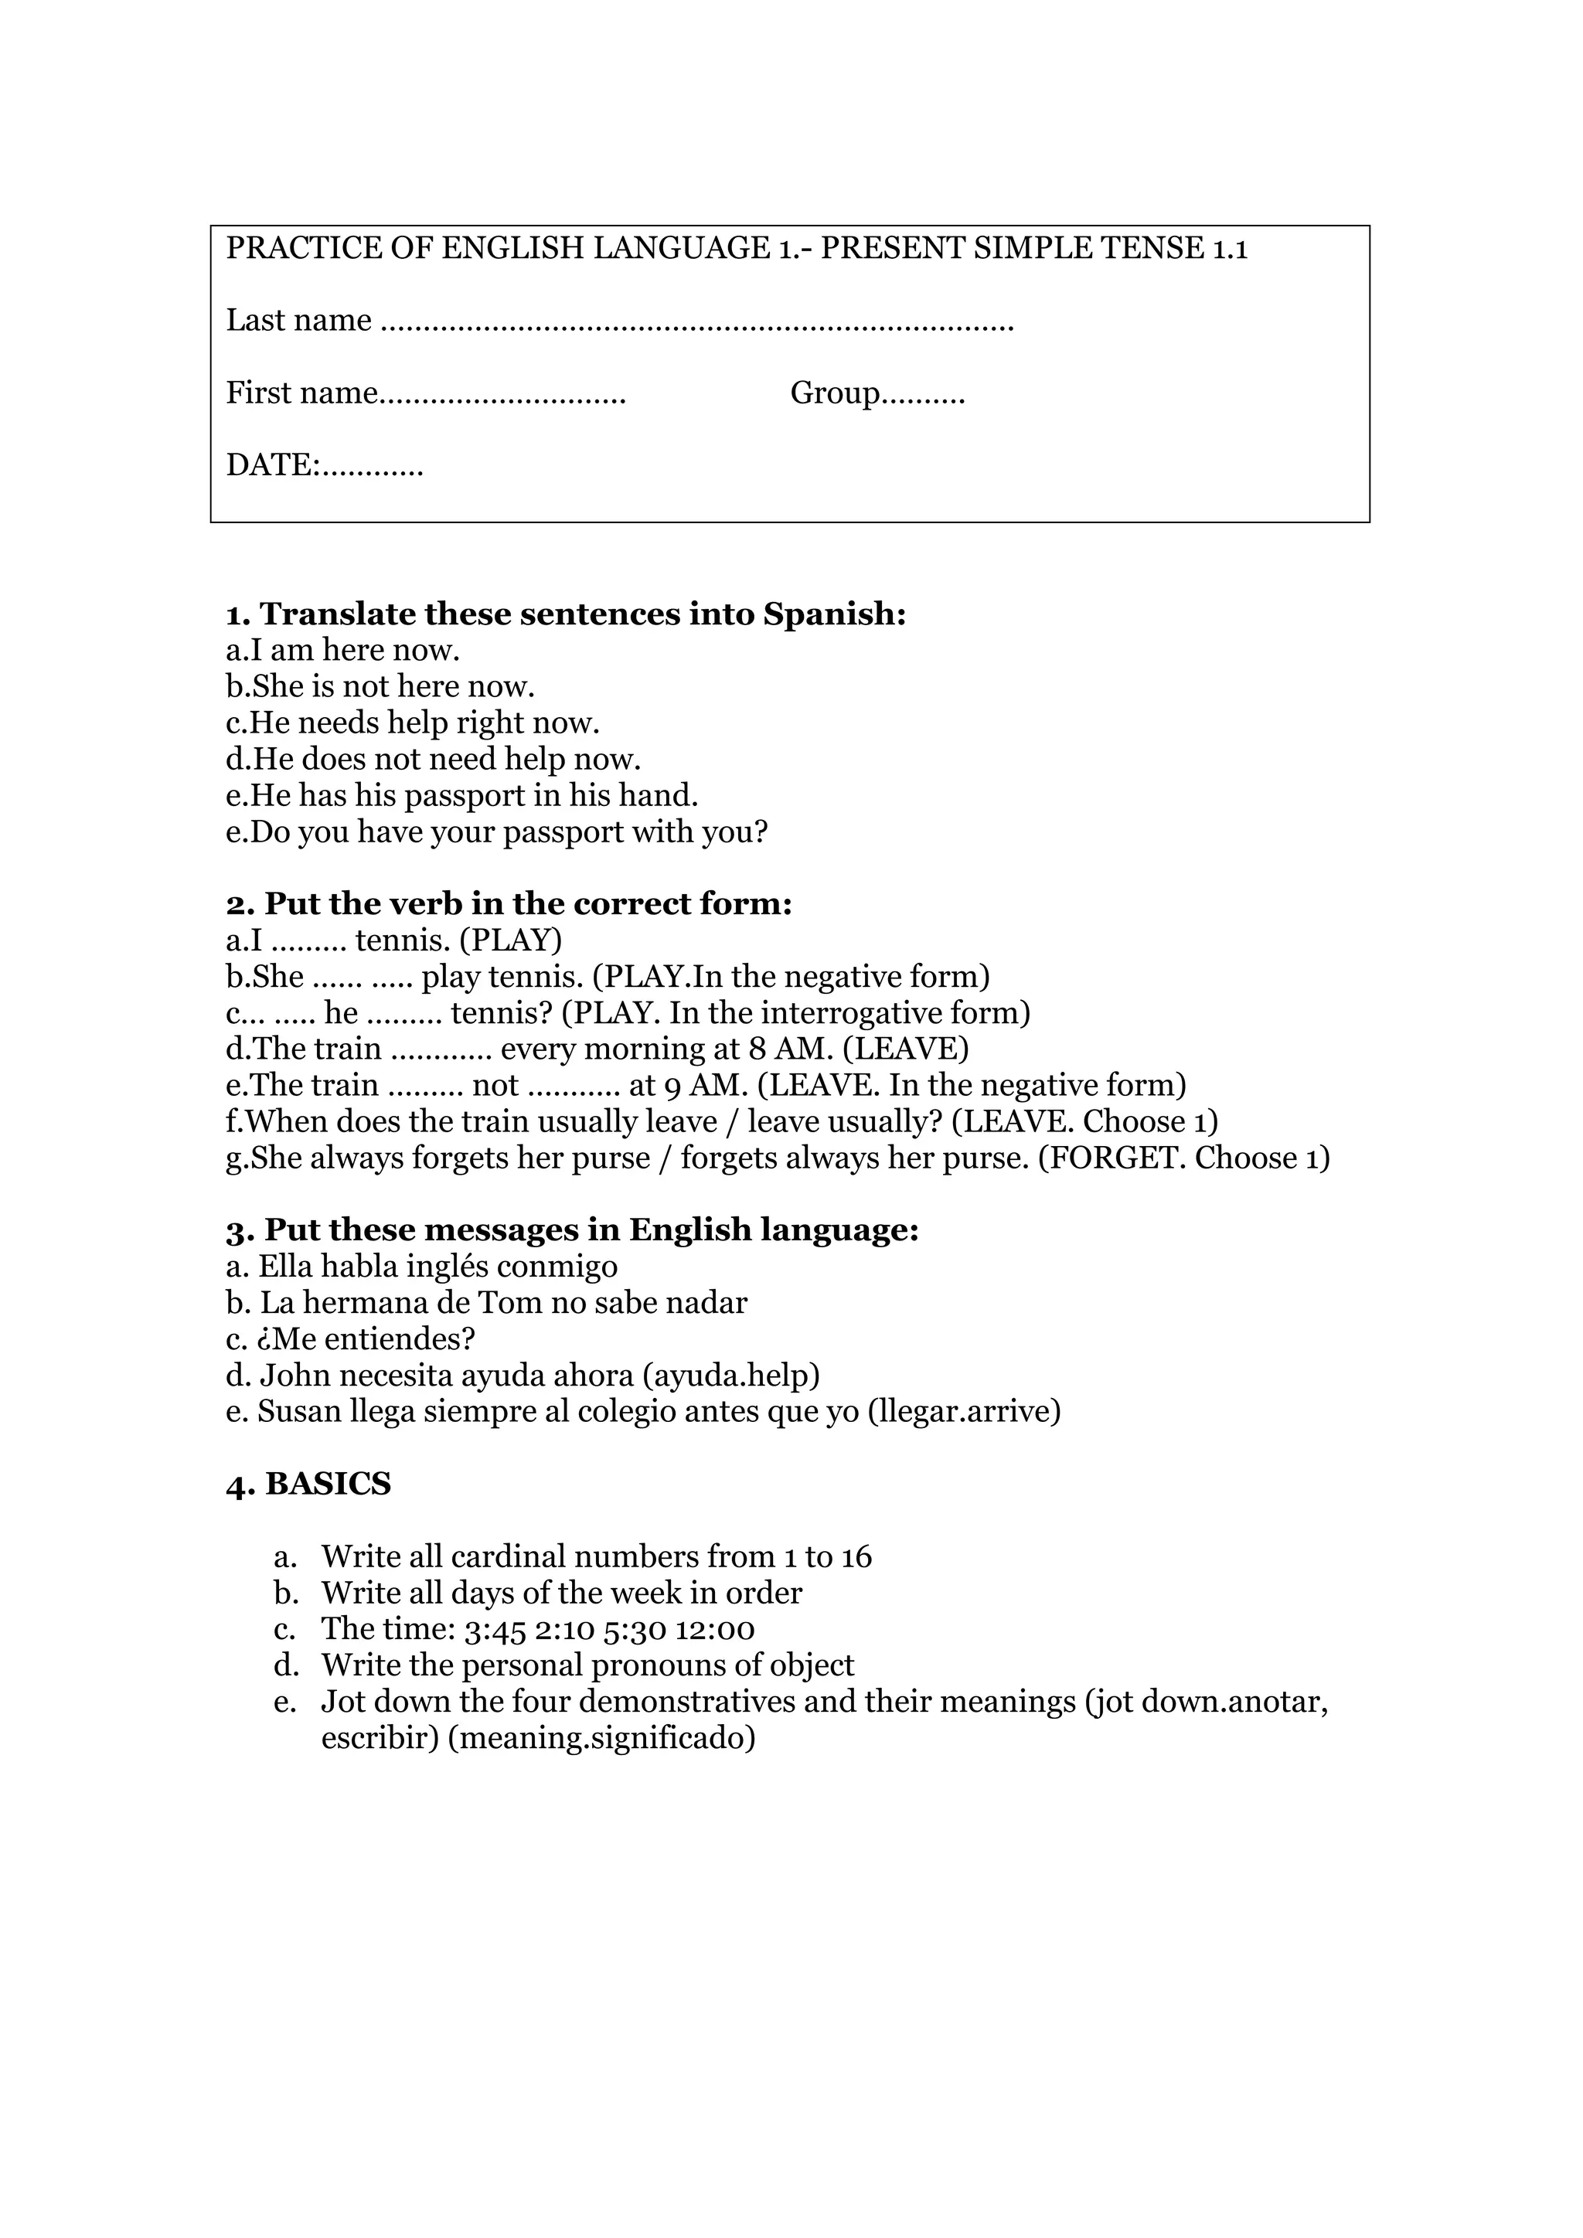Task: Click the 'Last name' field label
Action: (298, 321)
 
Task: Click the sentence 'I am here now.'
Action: (343, 650)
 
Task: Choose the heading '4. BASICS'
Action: (308, 1485)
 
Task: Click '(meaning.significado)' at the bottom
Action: (601, 1738)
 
